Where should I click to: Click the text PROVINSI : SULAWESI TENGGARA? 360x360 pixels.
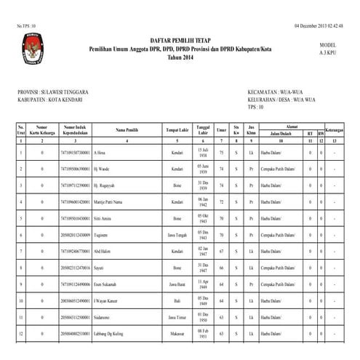tap(63, 93)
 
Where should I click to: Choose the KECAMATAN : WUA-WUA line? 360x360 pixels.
tap(276, 93)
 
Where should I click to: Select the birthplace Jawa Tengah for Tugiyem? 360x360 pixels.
tap(177, 235)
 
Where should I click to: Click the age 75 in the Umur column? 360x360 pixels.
tap(222, 153)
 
